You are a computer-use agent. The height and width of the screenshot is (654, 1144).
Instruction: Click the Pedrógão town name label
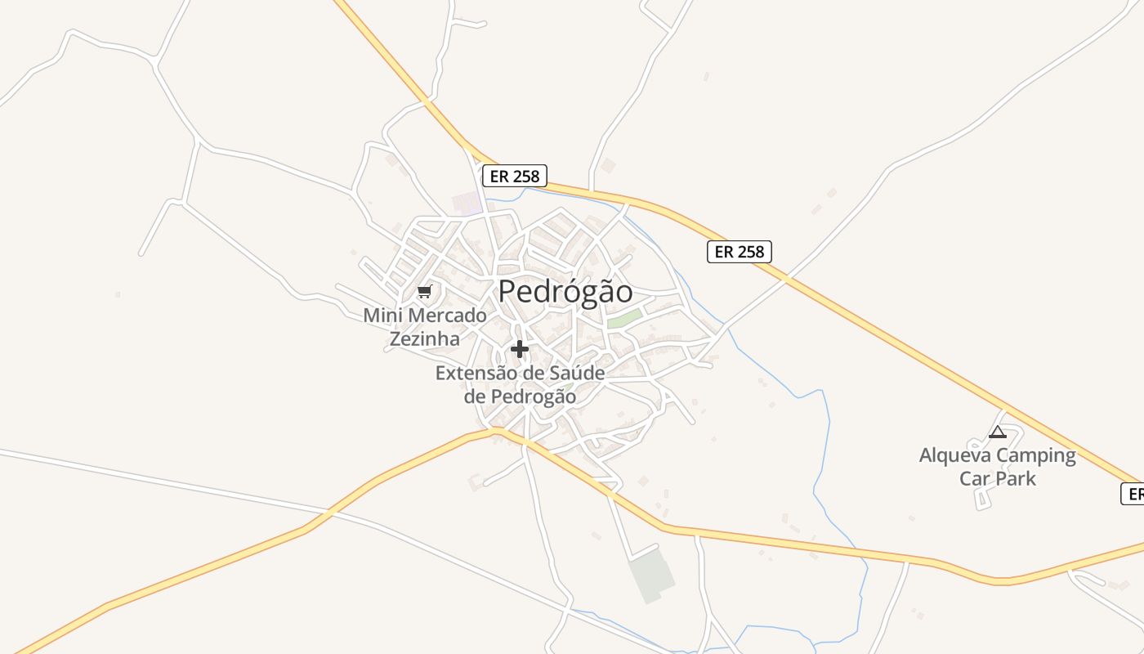pyautogui.click(x=565, y=292)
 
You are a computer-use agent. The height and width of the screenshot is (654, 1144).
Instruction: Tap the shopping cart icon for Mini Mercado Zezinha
pyautogui.click(x=424, y=292)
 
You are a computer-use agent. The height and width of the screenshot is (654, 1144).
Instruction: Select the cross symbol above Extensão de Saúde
pyautogui.click(x=519, y=349)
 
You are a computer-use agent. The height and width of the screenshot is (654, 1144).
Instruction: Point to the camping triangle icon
pyautogui.click(x=997, y=432)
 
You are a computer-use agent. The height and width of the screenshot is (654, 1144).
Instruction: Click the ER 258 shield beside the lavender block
pyautogui.click(x=514, y=176)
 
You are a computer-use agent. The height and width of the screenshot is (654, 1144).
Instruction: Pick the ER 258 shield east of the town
pyautogui.click(x=739, y=252)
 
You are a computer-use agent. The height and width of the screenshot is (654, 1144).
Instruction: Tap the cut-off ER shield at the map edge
pyautogui.click(x=1133, y=494)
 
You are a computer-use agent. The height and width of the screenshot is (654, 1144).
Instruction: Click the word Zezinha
pyautogui.click(x=424, y=338)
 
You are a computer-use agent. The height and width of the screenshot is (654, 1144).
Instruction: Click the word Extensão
pyautogui.click(x=477, y=374)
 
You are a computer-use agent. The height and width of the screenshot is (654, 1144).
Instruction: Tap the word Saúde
pyautogui.click(x=576, y=374)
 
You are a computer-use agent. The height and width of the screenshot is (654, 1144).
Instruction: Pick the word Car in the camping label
pyautogui.click(x=975, y=478)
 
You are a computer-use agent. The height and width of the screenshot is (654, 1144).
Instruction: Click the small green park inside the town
pyautogui.click(x=623, y=318)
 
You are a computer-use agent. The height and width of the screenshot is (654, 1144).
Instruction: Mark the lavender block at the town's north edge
pyautogui.click(x=467, y=204)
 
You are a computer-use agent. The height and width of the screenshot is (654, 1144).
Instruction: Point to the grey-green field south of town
pyautogui.click(x=651, y=575)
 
